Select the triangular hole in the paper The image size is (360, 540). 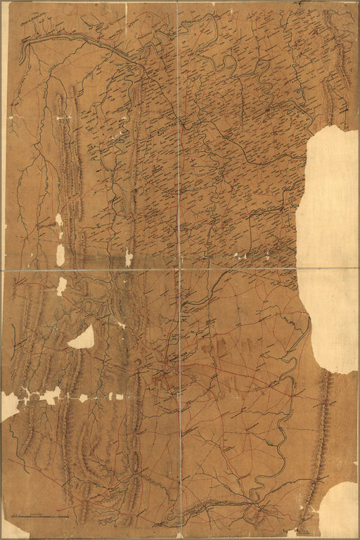[x=82, y=338]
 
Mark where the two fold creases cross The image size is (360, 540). [x=179, y=270]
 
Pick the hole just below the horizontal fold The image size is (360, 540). [x=62, y=285]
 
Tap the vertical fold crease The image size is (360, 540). [x=179, y=141]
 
